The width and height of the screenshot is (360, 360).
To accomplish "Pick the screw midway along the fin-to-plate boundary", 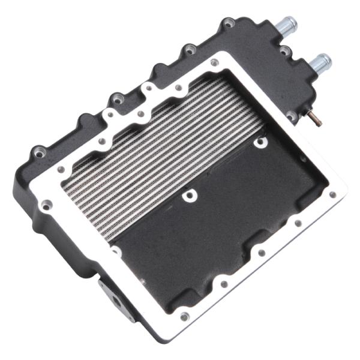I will click(190, 195).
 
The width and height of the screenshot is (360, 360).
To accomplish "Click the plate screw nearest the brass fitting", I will click(260, 143).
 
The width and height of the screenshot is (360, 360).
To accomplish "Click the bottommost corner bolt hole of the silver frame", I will click(185, 316).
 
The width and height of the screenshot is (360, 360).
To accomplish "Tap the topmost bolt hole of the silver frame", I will click(214, 62).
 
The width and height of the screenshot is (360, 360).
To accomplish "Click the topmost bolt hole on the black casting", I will click(228, 24).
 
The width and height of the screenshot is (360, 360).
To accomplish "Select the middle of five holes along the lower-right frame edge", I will click(260, 254).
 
